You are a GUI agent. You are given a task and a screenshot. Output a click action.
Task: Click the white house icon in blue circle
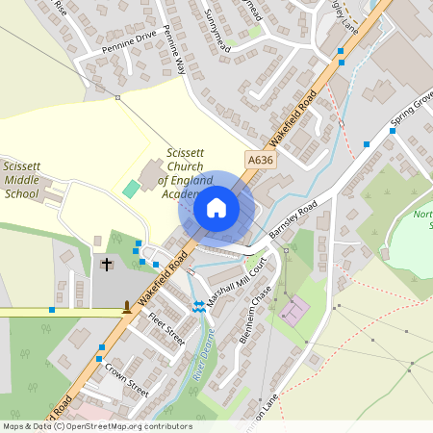[216, 207]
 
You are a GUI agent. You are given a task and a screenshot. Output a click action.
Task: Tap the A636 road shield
[260, 161]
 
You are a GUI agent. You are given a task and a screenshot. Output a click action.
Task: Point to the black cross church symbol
[107, 263]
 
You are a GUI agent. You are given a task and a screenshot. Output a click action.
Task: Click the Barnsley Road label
[293, 222]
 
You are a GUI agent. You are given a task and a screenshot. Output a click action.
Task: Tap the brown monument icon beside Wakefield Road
[126, 308]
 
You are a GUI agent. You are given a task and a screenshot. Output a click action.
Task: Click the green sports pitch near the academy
[130, 188]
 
